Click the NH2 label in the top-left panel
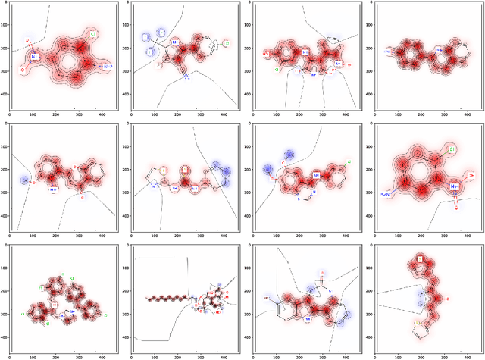pos(107,67)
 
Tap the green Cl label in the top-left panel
pos(92,35)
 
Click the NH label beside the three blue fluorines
pos(174,42)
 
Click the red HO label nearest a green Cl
pos(266,54)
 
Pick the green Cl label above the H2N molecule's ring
pos(452,150)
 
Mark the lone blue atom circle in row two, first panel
pos(25,180)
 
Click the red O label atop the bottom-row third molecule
pos(322,271)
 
